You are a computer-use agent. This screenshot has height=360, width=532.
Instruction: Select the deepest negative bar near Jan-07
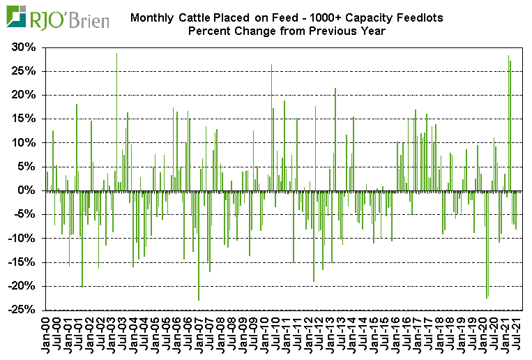[199, 245]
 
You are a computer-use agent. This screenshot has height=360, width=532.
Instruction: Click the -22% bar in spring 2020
[487, 244]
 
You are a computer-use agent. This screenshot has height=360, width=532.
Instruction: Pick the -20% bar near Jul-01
[82, 238]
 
